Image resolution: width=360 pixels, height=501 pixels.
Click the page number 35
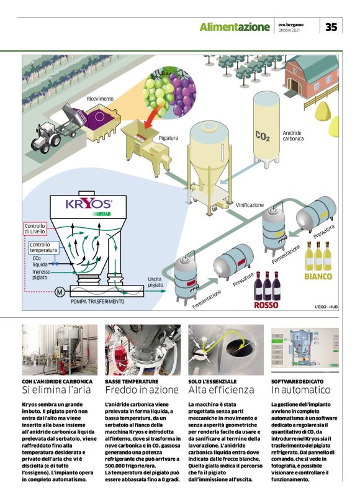331,27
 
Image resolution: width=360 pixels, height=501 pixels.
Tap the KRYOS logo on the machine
89,204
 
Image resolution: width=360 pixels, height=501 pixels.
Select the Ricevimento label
100,99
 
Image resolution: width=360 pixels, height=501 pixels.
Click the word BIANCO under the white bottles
318,276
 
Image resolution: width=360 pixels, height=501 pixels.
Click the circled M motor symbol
43,291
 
